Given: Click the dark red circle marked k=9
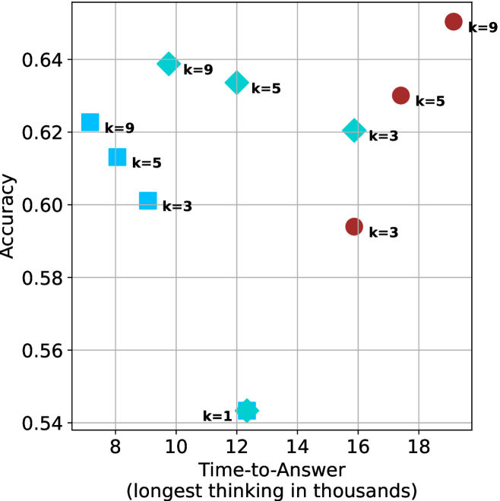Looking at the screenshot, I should (x=454, y=22).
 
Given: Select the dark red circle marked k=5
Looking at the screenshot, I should (x=401, y=96).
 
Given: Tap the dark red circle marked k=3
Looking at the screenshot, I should (x=354, y=226).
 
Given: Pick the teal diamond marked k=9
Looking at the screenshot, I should (x=169, y=63).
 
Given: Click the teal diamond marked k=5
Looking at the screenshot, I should (x=237, y=82).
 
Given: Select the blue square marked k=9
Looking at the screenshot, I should (x=90, y=122).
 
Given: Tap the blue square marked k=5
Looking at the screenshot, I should (x=117, y=156).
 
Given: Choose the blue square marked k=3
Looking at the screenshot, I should (x=148, y=201).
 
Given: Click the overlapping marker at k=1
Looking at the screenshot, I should (x=247, y=411).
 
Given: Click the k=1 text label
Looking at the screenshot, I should (x=217, y=416).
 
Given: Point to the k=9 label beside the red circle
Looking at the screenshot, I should (x=483, y=27).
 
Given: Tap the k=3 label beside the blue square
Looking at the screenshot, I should (x=177, y=206).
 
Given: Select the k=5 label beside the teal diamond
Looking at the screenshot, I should (x=266, y=88).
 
